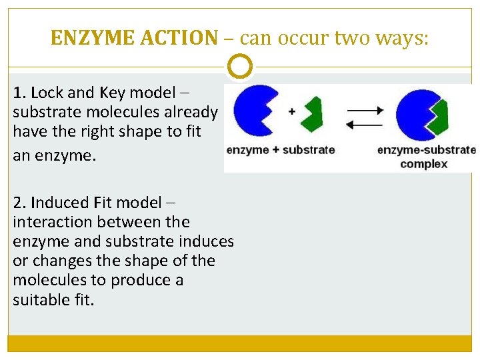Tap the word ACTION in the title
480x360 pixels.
[x=179, y=39]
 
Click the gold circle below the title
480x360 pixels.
[x=240, y=67]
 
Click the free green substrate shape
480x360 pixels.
[x=311, y=114]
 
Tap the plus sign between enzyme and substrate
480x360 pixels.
[x=291, y=112]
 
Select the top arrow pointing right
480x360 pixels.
[x=365, y=109]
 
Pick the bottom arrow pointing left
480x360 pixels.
[x=365, y=123]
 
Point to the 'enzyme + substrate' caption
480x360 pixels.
[x=281, y=150]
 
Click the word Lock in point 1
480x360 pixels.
[x=45, y=93]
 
